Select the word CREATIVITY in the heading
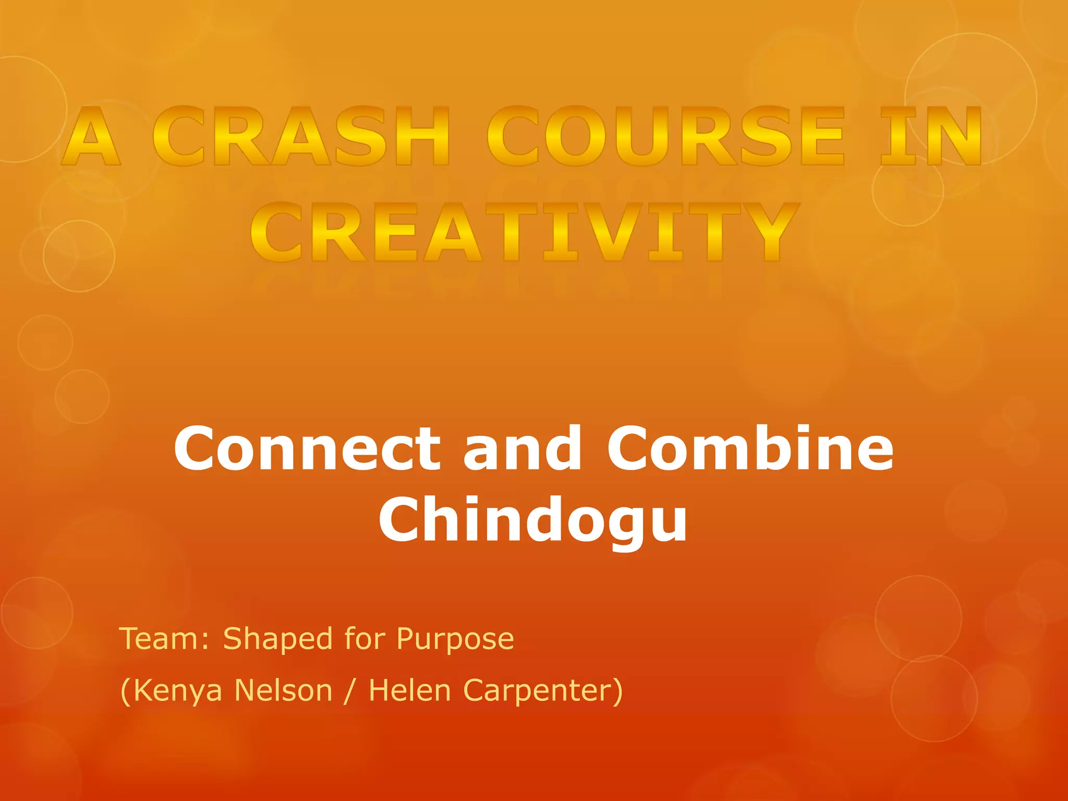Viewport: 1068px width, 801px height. click(525, 233)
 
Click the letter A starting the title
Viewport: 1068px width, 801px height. click(91, 137)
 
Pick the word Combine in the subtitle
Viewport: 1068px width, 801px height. click(750, 448)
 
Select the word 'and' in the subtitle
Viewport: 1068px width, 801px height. click(522, 448)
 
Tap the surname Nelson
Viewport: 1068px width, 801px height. click(283, 690)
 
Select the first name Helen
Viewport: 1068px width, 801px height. click(409, 690)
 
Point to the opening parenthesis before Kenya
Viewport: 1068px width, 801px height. click(125, 691)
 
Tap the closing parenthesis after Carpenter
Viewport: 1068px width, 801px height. click(618, 691)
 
